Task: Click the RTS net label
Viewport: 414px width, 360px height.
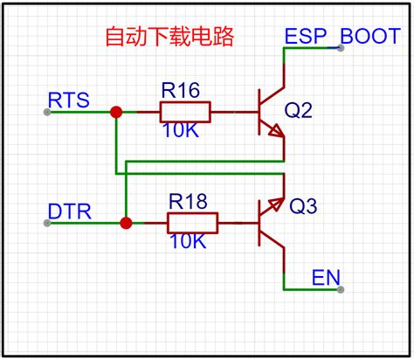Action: pyautogui.click(x=67, y=98)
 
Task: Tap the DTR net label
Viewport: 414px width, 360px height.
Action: pyautogui.click(x=67, y=211)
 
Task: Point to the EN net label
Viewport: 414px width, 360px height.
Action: pyautogui.click(x=325, y=278)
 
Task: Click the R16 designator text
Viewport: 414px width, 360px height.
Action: pyautogui.click(x=181, y=90)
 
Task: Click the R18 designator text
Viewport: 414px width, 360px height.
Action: pyautogui.click(x=190, y=202)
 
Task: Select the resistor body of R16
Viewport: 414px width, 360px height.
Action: pyautogui.click(x=185, y=112)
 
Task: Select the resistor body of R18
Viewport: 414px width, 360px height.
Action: pyautogui.click(x=193, y=224)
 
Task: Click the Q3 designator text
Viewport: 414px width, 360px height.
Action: pyautogui.click(x=305, y=207)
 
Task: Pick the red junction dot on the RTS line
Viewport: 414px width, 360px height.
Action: pyautogui.click(x=115, y=112)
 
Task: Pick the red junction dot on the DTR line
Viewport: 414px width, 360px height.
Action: pyautogui.click(x=127, y=224)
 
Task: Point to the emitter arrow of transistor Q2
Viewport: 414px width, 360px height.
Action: pyautogui.click(x=276, y=133)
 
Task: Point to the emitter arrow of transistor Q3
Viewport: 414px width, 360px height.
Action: pyautogui.click(x=277, y=204)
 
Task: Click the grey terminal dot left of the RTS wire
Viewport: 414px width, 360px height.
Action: pyautogui.click(x=46, y=112)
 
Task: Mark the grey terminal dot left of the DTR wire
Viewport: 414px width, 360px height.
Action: pyautogui.click(x=46, y=224)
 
